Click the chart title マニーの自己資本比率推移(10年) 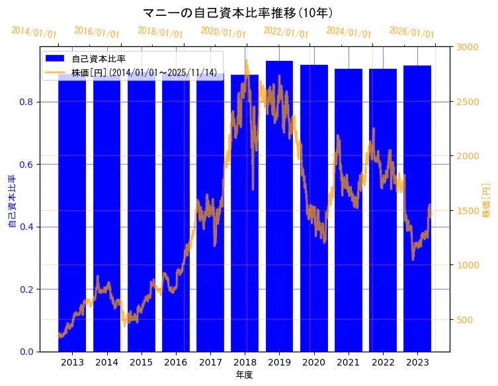[x=238, y=13]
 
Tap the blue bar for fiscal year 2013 [x=72, y=212]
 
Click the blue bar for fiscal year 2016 [x=176, y=212]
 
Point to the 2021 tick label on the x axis [x=348, y=362]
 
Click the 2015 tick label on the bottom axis [x=141, y=362]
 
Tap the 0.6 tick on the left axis [x=26, y=165]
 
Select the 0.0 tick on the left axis [x=26, y=352]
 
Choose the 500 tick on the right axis [x=465, y=320]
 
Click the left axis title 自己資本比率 [x=12, y=202]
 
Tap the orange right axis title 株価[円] [x=487, y=202]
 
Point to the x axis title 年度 [x=244, y=375]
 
